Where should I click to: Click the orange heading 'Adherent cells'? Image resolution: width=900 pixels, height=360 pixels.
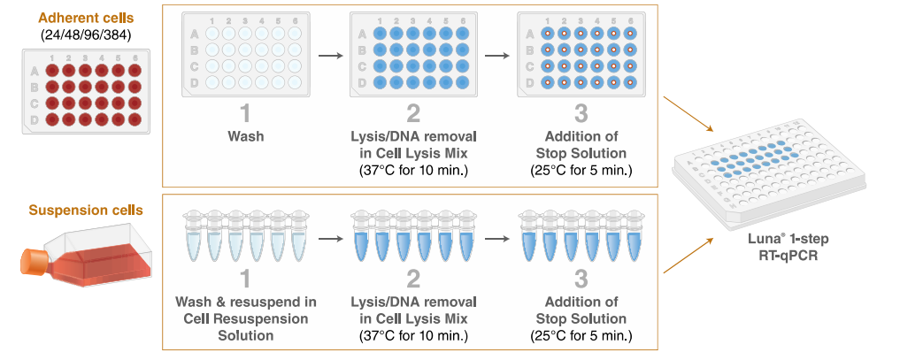pyautogui.click(x=85, y=18)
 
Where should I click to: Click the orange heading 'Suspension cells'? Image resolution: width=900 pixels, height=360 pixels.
pyautogui.click(x=85, y=211)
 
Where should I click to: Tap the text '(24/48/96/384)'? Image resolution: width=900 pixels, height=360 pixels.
pyautogui.click(x=85, y=34)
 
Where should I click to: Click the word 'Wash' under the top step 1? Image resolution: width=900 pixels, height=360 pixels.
pyautogui.click(x=245, y=137)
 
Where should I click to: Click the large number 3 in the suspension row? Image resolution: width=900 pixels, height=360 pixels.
pyautogui.click(x=581, y=280)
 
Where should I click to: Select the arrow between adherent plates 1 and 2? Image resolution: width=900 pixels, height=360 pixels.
pyautogui.click(x=329, y=57)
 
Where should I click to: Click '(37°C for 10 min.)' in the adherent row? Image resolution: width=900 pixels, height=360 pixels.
pyautogui.click(x=413, y=169)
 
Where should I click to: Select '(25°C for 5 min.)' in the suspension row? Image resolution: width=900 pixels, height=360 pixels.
pyautogui.click(x=581, y=335)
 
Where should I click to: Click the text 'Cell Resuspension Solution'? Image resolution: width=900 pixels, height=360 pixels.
pyautogui.click(x=245, y=326)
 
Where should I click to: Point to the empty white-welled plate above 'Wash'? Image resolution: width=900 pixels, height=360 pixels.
pyautogui.click(x=245, y=57)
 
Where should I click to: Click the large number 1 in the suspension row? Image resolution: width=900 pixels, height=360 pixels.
pyautogui.click(x=245, y=280)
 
